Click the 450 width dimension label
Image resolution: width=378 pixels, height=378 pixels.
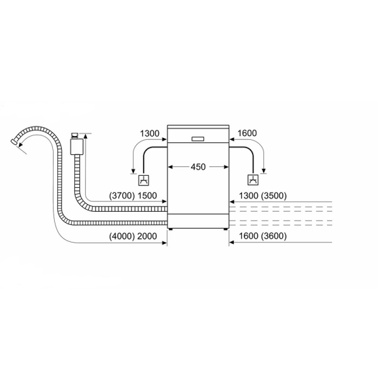click(x=198, y=167)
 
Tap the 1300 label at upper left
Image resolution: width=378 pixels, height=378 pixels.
click(x=149, y=133)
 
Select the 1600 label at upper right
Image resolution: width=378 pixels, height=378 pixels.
click(x=247, y=133)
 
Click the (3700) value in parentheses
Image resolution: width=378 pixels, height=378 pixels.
click(x=122, y=196)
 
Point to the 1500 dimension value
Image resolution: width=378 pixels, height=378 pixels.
click(x=147, y=196)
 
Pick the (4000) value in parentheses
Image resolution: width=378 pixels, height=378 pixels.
click(x=122, y=236)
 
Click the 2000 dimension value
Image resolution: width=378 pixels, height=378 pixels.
click(x=147, y=236)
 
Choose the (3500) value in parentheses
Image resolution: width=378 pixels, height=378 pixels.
click(x=274, y=196)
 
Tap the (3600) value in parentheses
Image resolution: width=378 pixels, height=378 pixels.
click(x=274, y=236)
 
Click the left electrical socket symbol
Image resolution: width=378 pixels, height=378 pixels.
click(x=144, y=180)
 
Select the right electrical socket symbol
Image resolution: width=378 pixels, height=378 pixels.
click(x=253, y=180)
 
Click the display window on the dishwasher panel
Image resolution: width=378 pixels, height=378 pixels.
click(x=198, y=139)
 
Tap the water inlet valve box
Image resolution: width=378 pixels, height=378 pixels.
click(x=77, y=146)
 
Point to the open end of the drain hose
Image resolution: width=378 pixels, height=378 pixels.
click(x=15, y=142)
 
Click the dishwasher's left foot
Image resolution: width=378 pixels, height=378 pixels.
click(x=171, y=229)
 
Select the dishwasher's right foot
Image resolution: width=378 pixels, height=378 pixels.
click(x=225, y=229)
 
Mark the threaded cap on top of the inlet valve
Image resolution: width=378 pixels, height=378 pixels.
click(x=75, y=135)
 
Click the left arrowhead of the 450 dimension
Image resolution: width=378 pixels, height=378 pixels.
click(x=170, y=167)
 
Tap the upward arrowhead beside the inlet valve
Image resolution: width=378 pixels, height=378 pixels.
click(x=85, y=136)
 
